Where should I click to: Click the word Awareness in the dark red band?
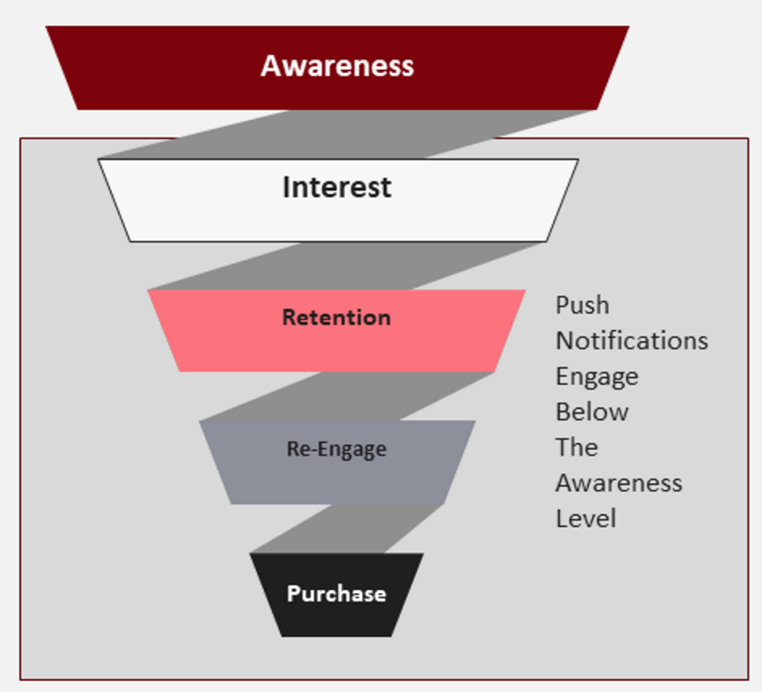pyautogui.click(x=337, y=66)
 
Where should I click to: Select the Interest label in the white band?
pyautogui.click(x=336, y=187)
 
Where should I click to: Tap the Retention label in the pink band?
pyautogui.click(x=336, y=317)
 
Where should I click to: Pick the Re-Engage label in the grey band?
pyautogui.click(x=336, y=449)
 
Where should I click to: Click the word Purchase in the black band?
pyautogui.click(x=336, y=594)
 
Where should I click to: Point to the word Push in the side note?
pyautogui.click(x=582, y=306)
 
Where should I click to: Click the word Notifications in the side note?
pyautogui.click(x=631, y=340)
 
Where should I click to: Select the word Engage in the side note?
pyautogui.click(x=597, y=377)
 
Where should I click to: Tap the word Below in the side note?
pyautogui.click(x=592, y=412)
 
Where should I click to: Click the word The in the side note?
pyautogui.click(x=576, y=447)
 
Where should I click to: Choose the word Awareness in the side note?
pyautogui.click(x=618, y=483)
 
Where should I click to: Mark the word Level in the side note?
pyautogui.click(x=585, y=518)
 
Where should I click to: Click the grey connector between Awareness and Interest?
pyautogui.click(x=346, y=134)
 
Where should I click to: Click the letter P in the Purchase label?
pyautogui.click(x=293, y=594)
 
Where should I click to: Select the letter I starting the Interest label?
pyautogui.click(x=287, y=187)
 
